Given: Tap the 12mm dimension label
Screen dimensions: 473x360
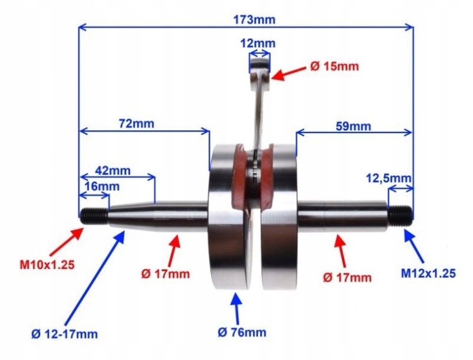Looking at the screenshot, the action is coord(258,43).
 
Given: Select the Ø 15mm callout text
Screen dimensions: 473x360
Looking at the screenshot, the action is coord(335,67).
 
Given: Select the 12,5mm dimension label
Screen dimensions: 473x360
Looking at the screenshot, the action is coord(389,178).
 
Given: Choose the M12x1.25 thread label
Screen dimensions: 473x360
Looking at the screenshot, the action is coord(428,273).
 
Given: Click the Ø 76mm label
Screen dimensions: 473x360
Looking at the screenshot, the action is coord(242,332).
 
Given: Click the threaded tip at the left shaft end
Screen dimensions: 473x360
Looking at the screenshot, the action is coord(94,215).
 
